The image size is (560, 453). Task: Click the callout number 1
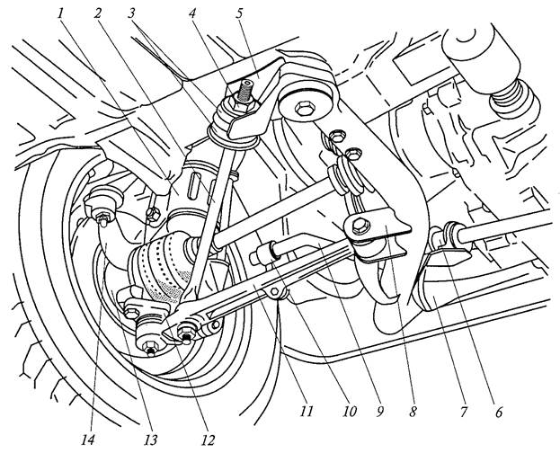coord(61,14)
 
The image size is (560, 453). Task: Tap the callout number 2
coord(97,14)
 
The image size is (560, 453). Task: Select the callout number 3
coord(132,14)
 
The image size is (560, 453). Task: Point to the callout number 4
coord(192,14)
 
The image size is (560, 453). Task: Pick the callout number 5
coord(238,14)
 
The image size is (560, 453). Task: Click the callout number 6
coord(499,412)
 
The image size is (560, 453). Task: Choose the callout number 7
coord(464,412)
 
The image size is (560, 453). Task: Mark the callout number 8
coord(413,412)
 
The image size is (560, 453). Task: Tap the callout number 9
coord(379,412)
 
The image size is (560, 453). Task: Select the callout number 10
coord(349,412)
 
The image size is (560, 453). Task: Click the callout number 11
coord(307,412)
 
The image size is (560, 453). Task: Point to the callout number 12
coord(208,440)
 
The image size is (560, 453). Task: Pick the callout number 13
coord(151,440)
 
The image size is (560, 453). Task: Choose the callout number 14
coord(88,440)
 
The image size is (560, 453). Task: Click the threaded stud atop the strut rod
coord(246,92)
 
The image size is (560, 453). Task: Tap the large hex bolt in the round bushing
coord(305,108)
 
